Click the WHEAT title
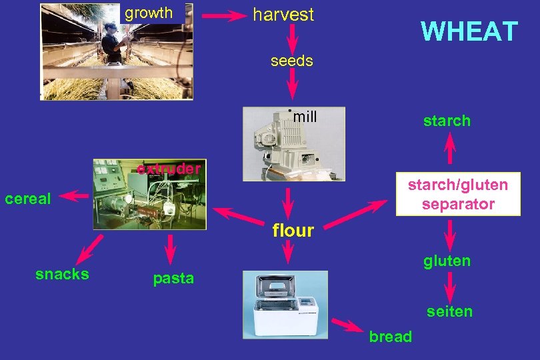[x=469, y=31]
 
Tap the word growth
[x=149, y=13]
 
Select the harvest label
[x=283, y=15]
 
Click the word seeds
[x=291, y=61]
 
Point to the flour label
[x=293, y=231]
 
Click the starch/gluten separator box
[x=457, y=194]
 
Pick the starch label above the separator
[x=447, y=121]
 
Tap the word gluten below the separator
[x=447, y=261]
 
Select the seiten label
[x=449, y=311]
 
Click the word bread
[x=390, y=337]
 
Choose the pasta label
[x=173, y=279]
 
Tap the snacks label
[x=62, y=274]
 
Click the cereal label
[x=28, y=199]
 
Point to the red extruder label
[x=169, y=169]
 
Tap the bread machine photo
[x=285, y=303]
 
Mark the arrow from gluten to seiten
[x=450, y=287]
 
